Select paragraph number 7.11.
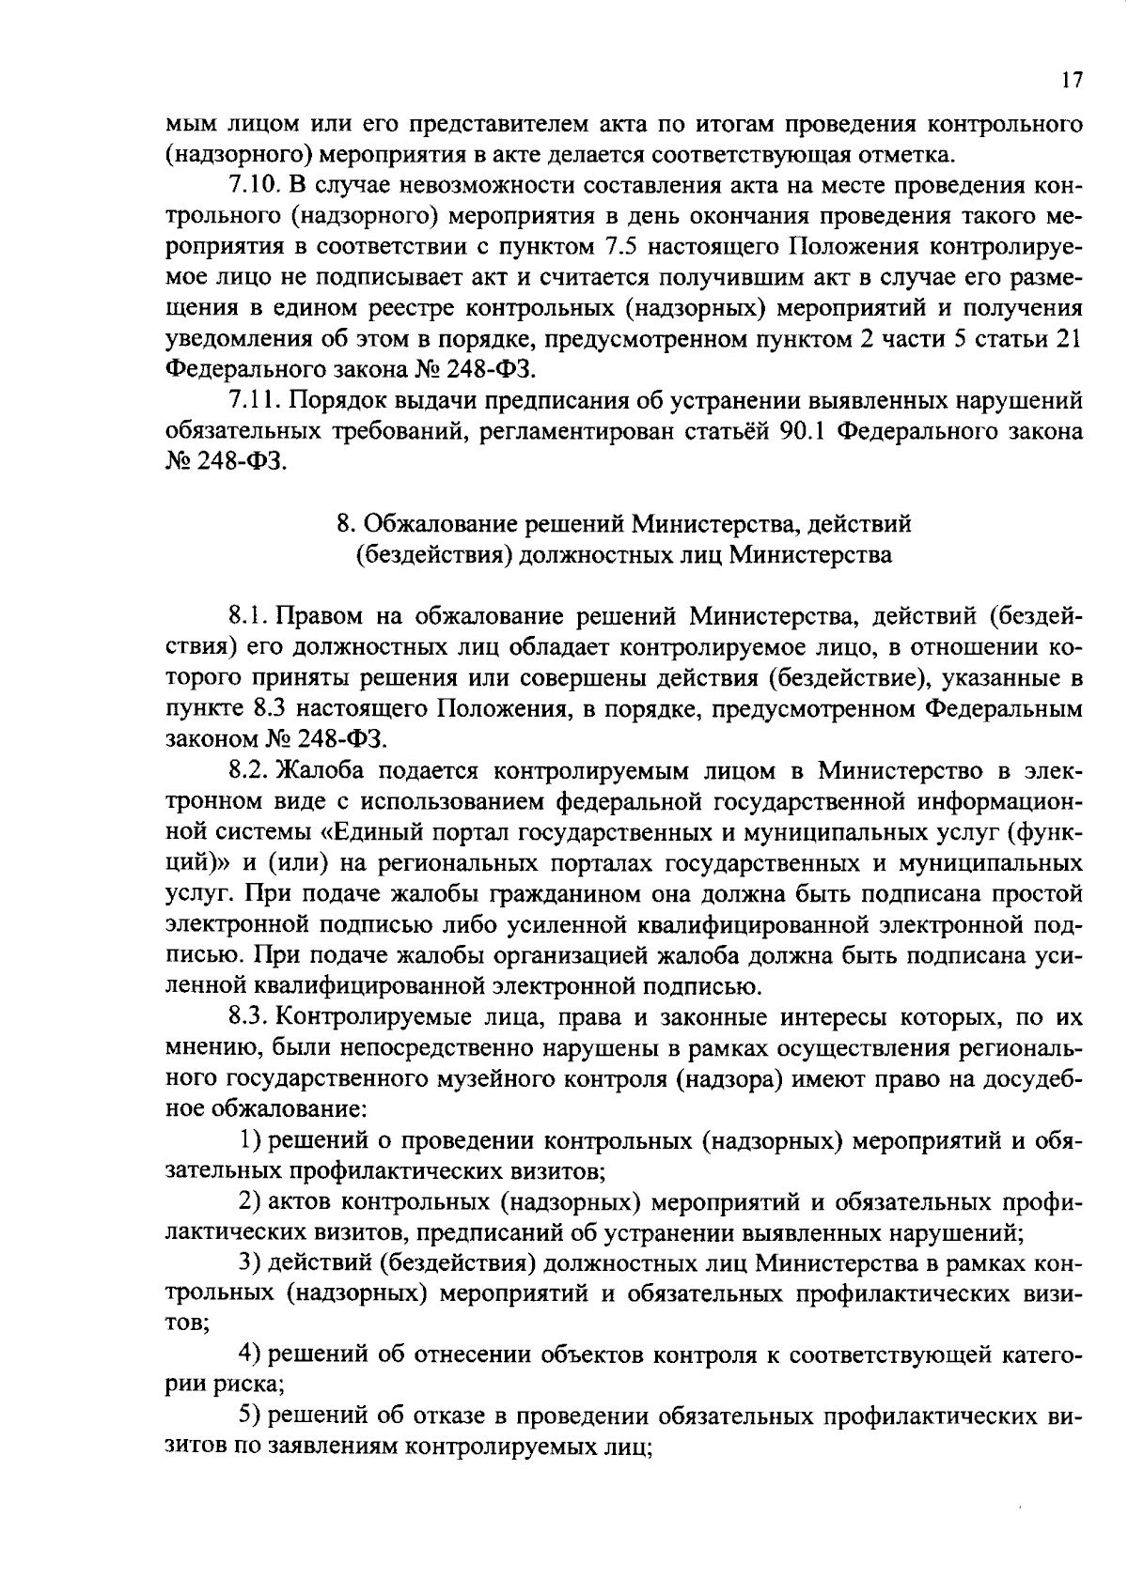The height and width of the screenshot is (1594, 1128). click(x=250, y=401)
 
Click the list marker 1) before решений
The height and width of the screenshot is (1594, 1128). click(x=249, y=1140)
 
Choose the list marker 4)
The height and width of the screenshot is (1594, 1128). click(x=249, y=1354)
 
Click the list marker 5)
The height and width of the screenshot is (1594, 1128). click(x=249, y=1416)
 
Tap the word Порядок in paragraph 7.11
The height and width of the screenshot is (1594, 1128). click(x=330, y=401)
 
